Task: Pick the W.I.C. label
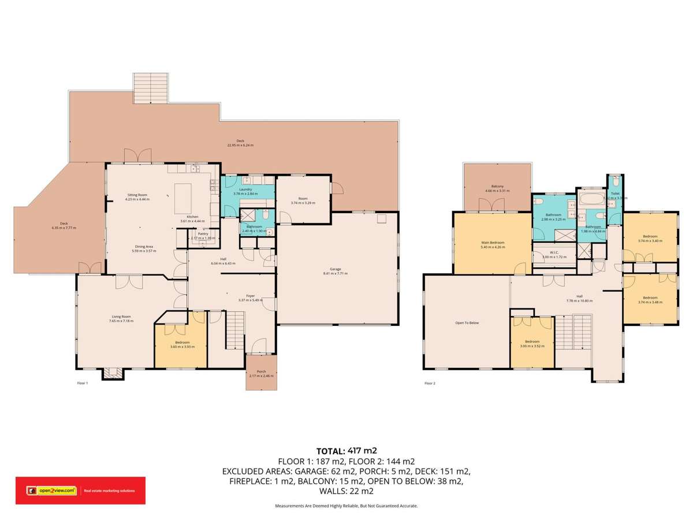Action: point(554,252)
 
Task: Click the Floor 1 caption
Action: point(83,383)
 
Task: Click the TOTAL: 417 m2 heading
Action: point(346,451)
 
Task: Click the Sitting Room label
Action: point(137,195)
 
